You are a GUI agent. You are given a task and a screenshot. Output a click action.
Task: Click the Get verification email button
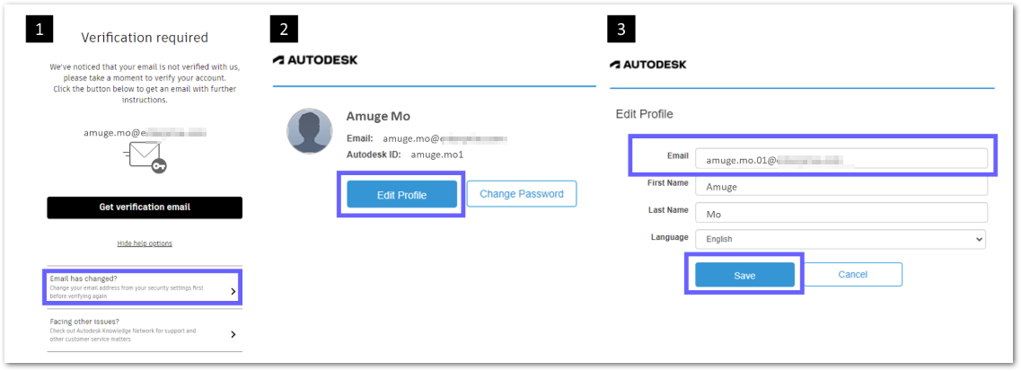[145, 208]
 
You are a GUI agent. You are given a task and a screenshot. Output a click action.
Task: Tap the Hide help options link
[145, 243]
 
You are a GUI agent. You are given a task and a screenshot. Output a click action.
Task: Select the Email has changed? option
[143, 286]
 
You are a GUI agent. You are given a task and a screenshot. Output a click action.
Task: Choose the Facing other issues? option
[143, 333]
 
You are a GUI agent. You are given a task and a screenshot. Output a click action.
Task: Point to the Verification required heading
[145, 38]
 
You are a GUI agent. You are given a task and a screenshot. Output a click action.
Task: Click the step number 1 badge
[39, 30]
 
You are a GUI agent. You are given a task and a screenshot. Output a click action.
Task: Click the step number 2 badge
[284, 30]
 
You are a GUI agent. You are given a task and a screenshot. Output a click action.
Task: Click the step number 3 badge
[621, 30]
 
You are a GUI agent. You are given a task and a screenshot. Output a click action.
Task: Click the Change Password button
[521, 194]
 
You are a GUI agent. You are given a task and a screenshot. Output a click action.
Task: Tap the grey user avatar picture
[310, 131]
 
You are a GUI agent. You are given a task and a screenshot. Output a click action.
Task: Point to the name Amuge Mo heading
[378, 116]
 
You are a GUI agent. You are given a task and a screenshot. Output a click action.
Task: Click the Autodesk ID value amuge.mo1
[438, 155]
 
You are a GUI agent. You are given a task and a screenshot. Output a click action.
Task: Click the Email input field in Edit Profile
[841, 159]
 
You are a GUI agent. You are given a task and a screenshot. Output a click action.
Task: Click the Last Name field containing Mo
[841, 213]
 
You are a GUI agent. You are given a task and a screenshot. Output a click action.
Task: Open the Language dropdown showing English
[841, 239]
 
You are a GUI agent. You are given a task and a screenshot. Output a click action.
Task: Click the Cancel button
[852, 275]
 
